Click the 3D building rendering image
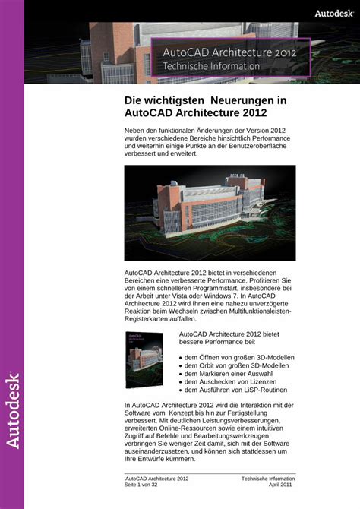tap(210, 213)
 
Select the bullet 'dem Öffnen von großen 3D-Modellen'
tap(239, 357)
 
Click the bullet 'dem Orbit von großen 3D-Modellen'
tap(236, 365)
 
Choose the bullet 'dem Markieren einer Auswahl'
tap(227, 374)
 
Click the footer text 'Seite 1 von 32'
tap(144, 485)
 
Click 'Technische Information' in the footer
tap(268, 479)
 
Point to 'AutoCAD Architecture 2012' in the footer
tap(157, 479)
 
